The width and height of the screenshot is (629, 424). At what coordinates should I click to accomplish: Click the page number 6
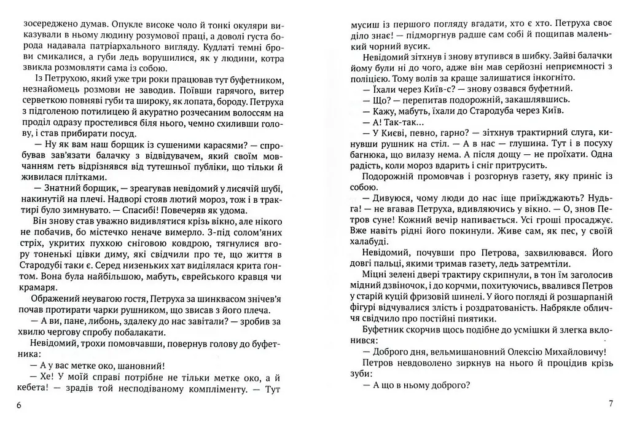20,406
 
